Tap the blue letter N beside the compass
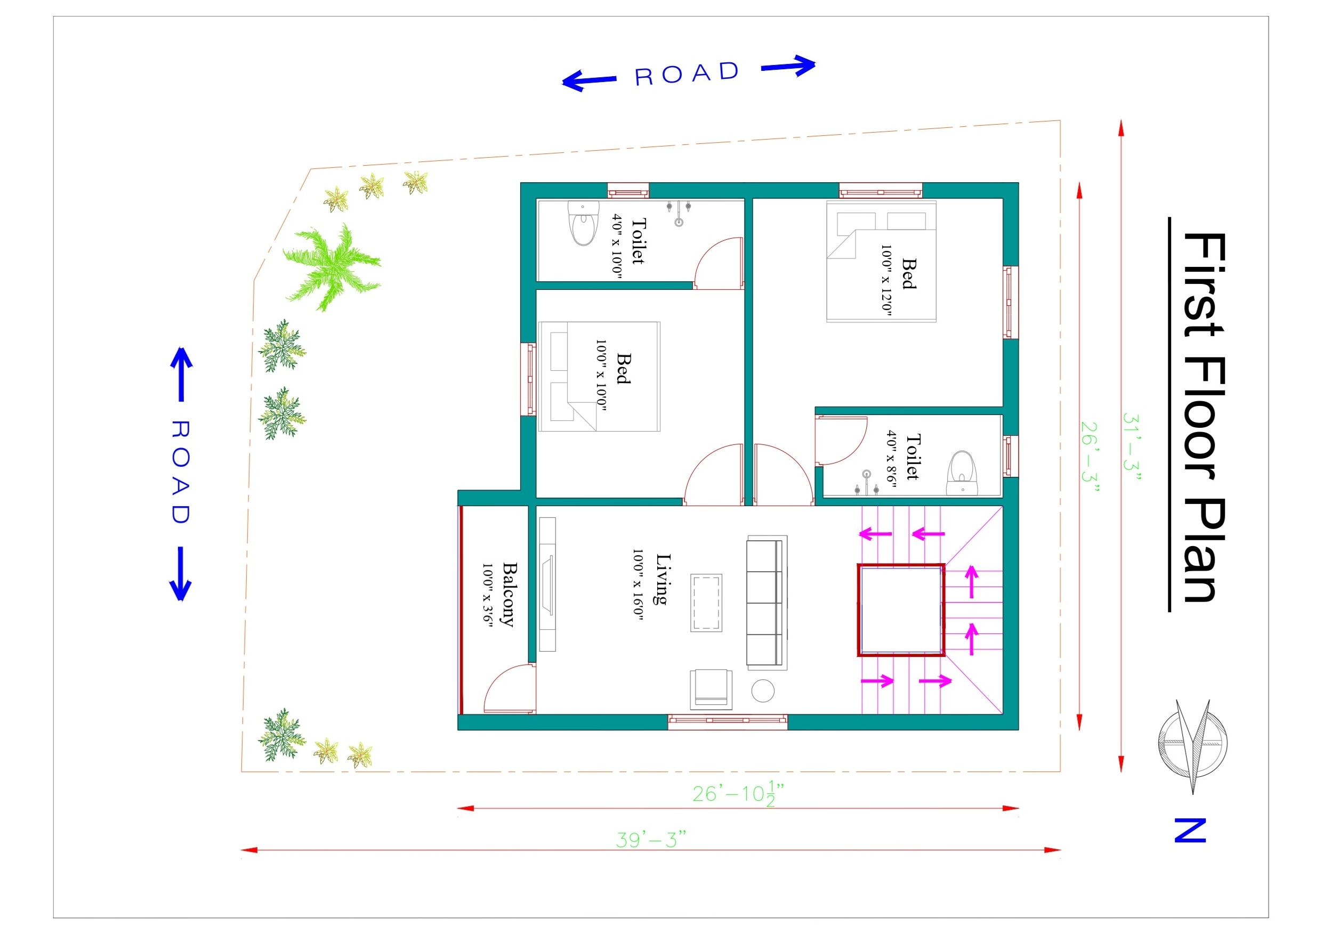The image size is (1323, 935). pyautogui.click(x=1190, y=830)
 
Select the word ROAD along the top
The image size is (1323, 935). pyautogui.click(x=687, y=74)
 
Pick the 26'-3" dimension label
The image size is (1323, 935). pyautogui.click(x=1090, y=458)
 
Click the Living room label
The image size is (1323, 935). pyautogui.click(x=663, y=579)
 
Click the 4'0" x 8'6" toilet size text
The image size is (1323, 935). pyautogui.click(x=891, y=459)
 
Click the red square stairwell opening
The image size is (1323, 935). pyautogui.click(x=901, y=610)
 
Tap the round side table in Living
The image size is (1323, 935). pyautogui.click(x=763, y=691)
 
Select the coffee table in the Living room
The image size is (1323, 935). pyautogui.click(x=706, y=603)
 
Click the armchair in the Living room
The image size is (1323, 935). pyautogui.click(x=711, y=689)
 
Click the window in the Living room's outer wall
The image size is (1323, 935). pyautogui.click(x=728, y=722)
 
